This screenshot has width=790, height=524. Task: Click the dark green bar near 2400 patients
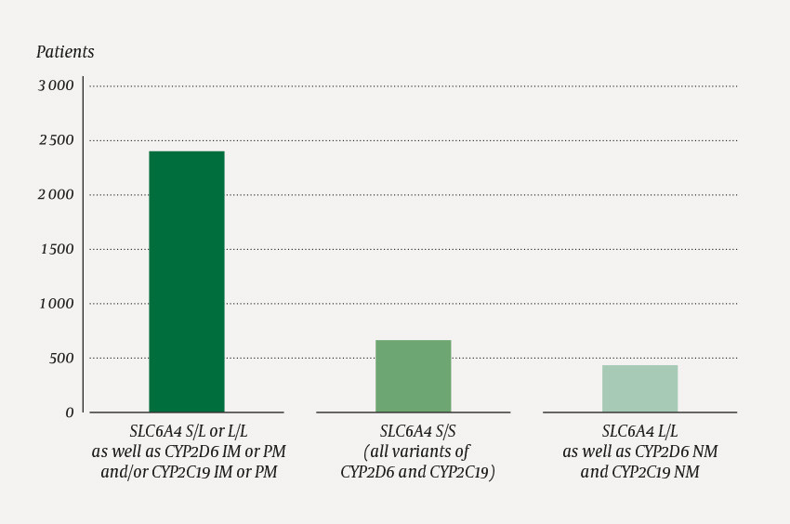click(186, 282)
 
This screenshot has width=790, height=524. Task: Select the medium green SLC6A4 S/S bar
click(413, 376)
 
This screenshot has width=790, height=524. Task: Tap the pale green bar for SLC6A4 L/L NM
click(639, 388)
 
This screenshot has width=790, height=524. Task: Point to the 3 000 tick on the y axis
click(56, 86)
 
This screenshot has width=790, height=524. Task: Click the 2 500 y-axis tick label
click(56, 140)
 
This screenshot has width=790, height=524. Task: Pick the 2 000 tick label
click(56, 195)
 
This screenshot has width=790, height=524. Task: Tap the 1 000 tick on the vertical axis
click(56, 304)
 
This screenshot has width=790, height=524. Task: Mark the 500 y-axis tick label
click(61, 358)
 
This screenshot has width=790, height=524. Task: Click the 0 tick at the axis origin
click(70, 413)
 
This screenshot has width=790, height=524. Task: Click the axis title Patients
click(65, 52)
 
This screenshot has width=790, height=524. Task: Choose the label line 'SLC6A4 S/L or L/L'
click(189, 431)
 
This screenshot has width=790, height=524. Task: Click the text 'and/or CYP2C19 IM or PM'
click(189, 471)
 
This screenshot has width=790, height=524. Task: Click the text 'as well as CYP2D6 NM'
click(640, 452)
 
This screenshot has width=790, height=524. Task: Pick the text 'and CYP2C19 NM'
click(640, 471)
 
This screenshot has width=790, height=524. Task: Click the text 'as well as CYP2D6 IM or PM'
click(189, 452)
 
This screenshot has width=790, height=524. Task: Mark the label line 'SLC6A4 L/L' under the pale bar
click(640, 431)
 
